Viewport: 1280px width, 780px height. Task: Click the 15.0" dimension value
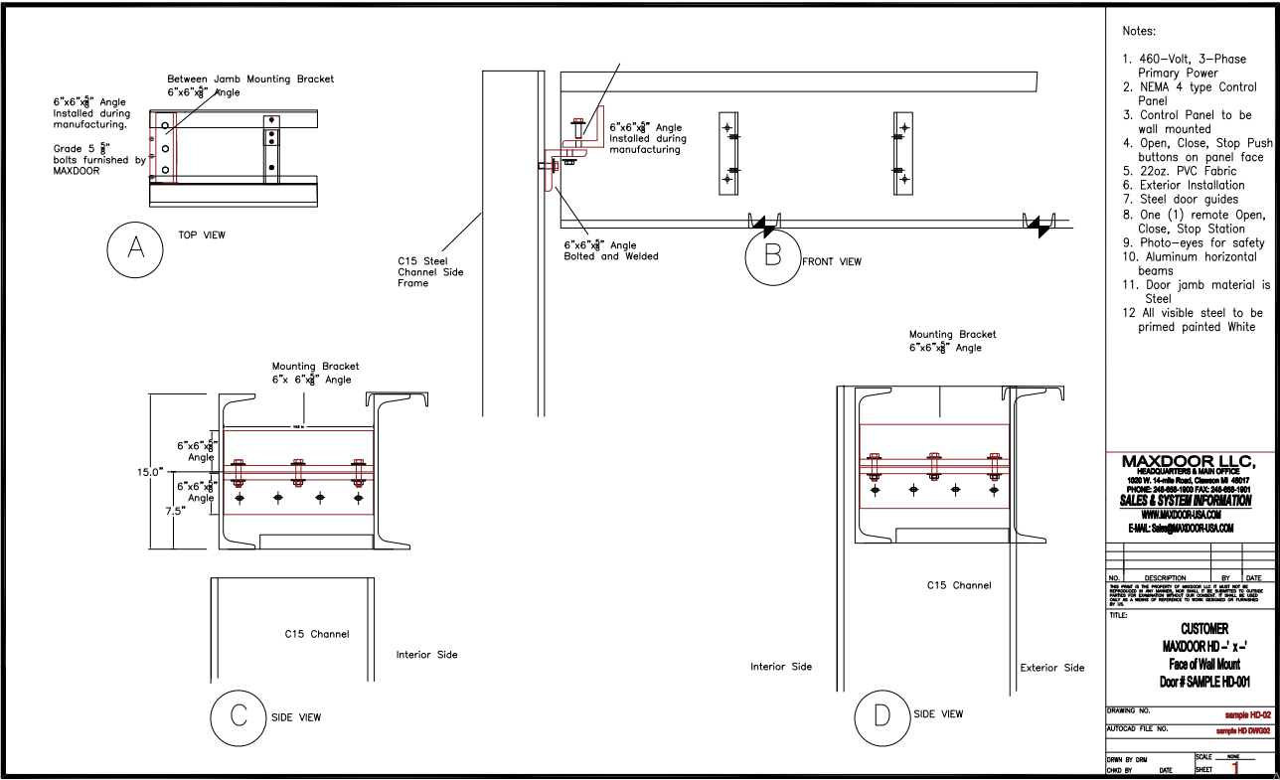[x=150, y=472]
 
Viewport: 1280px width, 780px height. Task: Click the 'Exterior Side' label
[x=1052, y=668]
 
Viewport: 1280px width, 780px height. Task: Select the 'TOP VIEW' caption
[x=202, y=235]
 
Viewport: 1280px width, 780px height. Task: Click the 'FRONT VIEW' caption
[x=832, y=262]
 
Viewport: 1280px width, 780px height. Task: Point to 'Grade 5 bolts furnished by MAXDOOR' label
[x=98, y=159]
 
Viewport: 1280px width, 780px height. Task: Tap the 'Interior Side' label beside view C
[x=427, y=655]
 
